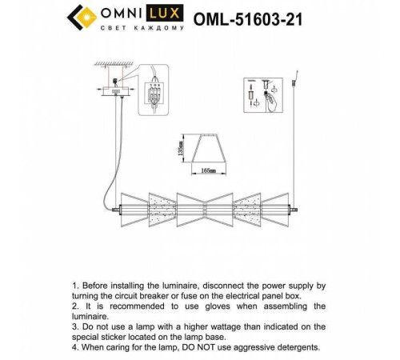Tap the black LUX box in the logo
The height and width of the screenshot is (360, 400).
[174, 13]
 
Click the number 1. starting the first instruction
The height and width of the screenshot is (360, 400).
[76, 284]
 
